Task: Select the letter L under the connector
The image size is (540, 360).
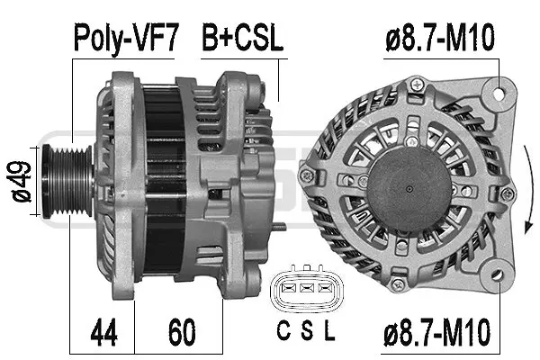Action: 329,332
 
